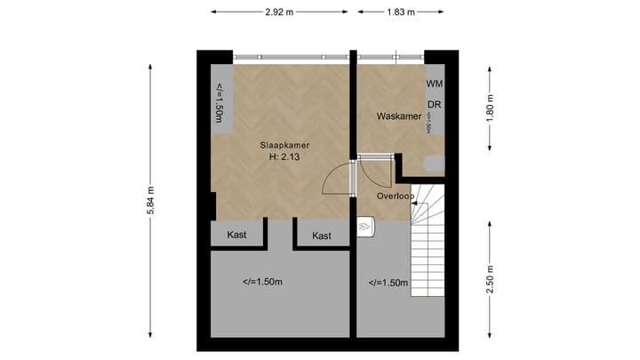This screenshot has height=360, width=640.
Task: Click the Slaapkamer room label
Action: pos(284,144)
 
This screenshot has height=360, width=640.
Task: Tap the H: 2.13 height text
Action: pos(284,157)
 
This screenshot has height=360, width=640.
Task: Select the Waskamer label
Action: pos(398,116)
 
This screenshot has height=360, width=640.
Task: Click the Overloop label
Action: pos(396,195)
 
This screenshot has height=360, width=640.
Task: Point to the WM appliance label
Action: pos(434,83)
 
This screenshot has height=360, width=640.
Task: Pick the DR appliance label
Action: pos(434,104)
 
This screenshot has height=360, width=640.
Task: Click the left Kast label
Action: pos(236,236)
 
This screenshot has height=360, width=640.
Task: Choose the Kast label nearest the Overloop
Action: pos(322,236)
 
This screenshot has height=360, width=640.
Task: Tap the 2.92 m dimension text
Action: pos(279,12)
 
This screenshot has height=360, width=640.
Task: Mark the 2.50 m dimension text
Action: pos(490,278)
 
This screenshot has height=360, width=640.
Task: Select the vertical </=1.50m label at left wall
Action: pos(219,104)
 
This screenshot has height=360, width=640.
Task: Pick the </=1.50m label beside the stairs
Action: pos(388,283)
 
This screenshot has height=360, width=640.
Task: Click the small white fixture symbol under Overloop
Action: pos(364,228)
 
